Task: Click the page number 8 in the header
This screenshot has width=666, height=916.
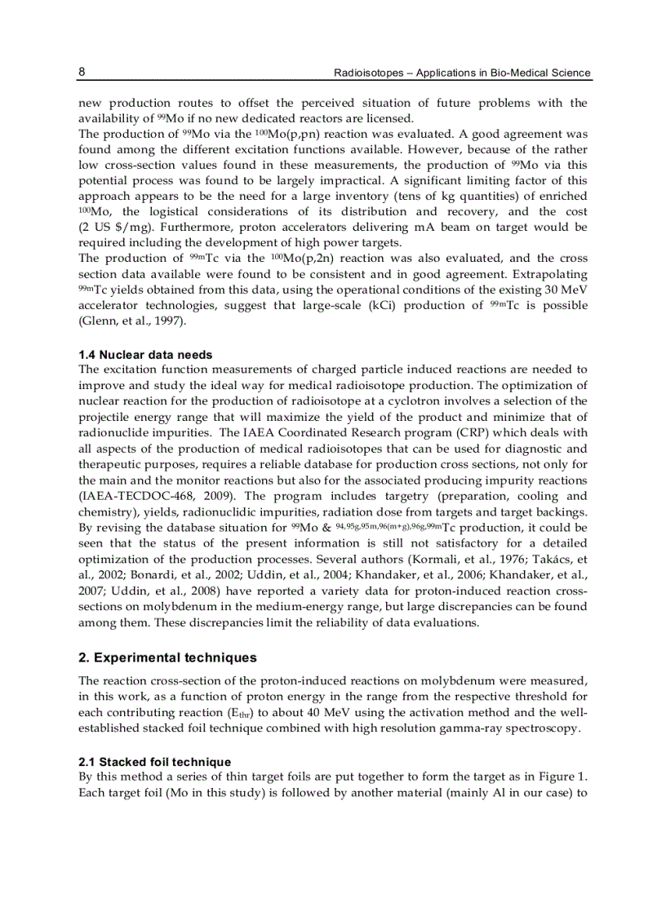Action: coord(82,72)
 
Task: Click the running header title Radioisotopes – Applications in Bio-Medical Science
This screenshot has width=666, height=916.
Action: coord(462,73)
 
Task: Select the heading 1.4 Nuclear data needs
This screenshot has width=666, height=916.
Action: coord(145,355)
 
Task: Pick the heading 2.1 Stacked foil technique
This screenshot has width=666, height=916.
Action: coord(154,762)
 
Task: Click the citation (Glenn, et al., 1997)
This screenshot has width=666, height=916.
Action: coord(132,321)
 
